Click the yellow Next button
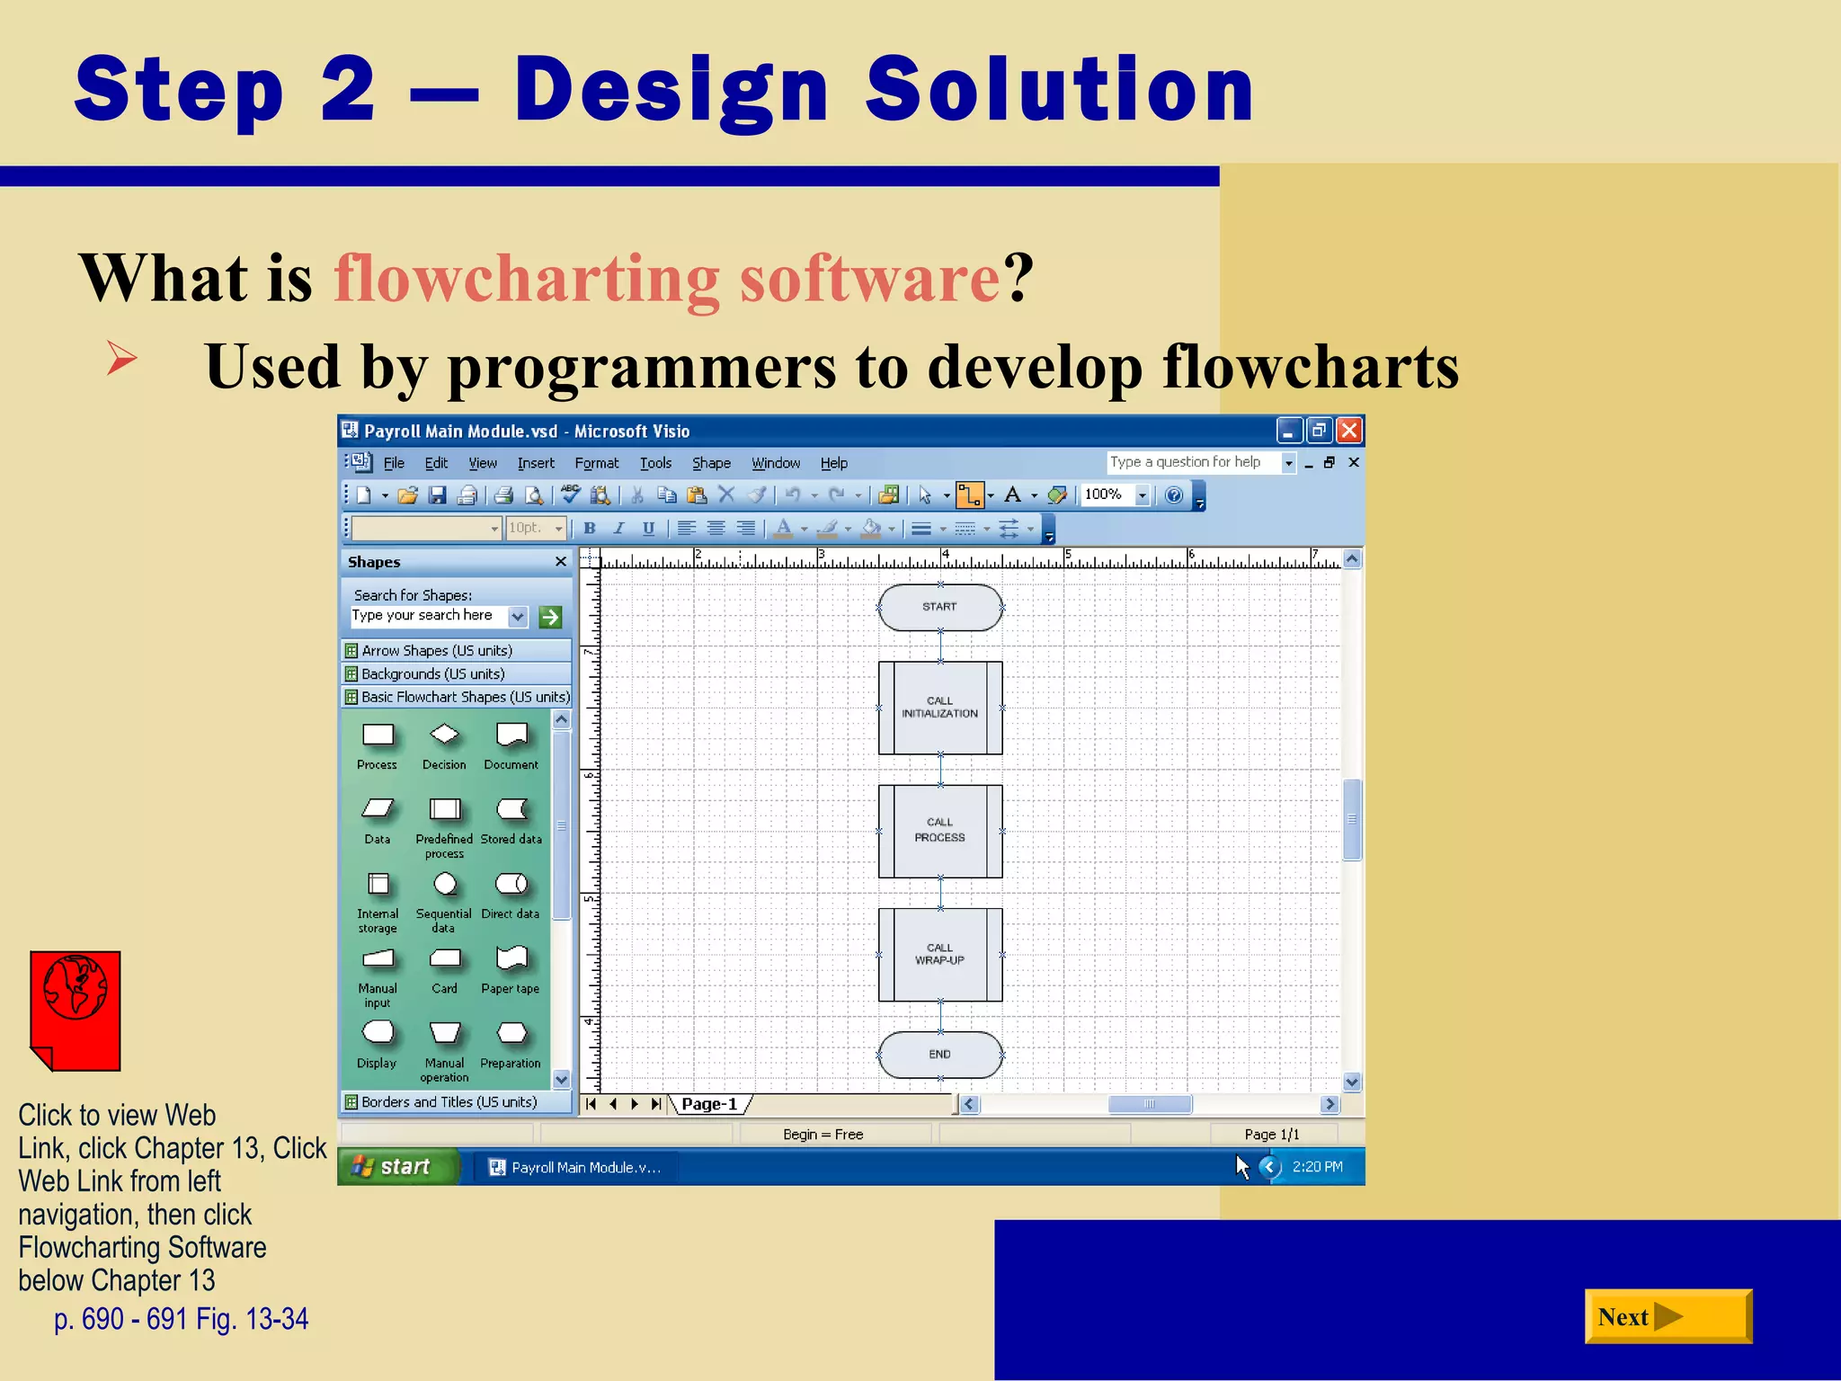pyautogui.click(x=1667, y=1316)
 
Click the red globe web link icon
pyautogui.click(x=76, y=1009)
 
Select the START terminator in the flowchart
pyautogui.click(x=939, y=607)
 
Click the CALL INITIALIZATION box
pyautogui.click(x=939, y=708)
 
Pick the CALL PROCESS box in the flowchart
pyautogui.click(x=939, y=830)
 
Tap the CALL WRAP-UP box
pyautogui.click(x=939, y=954)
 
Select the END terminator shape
pyautogui.click(x=939, y=1054)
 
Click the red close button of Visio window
pyautogui.click(x=1348, y=431)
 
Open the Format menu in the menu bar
pyautogui.click(x=596, y=463)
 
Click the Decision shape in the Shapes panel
pyautogui.click(x=444, y=735)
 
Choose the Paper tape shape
pyautogui.click(x=511, y=958)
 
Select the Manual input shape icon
pyautogui.click(x=378, y=958)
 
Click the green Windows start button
pyautogui.click(x=396, y=1167)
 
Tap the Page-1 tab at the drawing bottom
pyautogui.click(x=709, y=1104)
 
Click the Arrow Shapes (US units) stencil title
pyautogui.click(x=437, y=650)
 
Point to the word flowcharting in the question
pyautogui.click(x=526, y=278)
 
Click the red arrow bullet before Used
pyautogui.click(x=121, y=358)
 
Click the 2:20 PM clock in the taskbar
pyautogui.click(x=1317, y=1167)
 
